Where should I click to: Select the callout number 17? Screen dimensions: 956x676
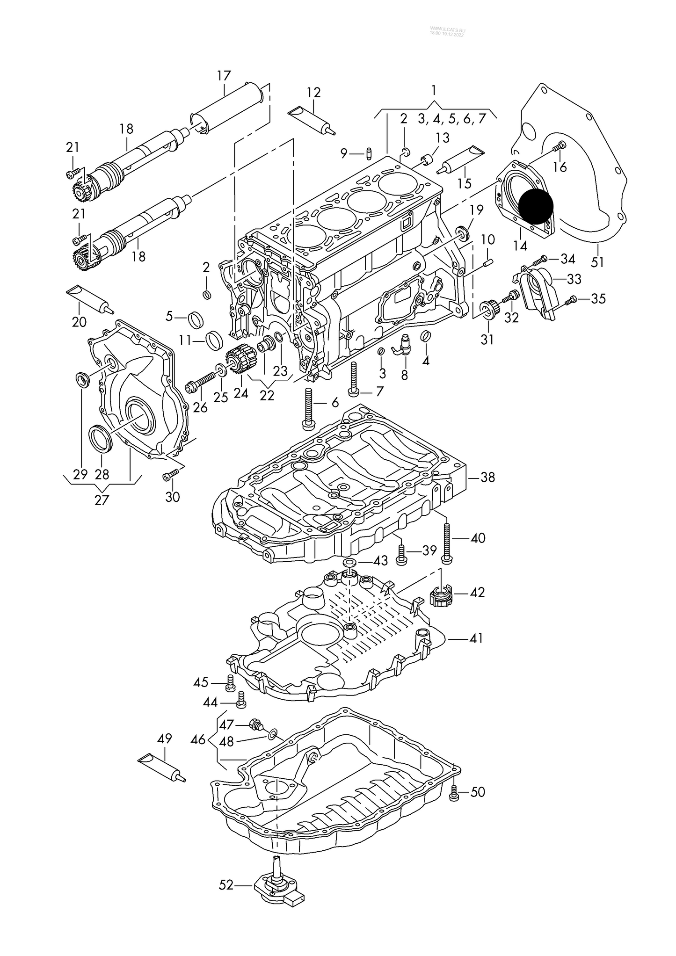click(x=224, y=76)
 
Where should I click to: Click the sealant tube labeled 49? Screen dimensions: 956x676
click(x=161, y=770)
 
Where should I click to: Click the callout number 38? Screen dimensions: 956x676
click(x=487, y=478)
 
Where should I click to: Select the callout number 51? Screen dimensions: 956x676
click(x=597, y=262)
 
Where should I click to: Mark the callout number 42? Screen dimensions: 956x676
click(x=477, y=592)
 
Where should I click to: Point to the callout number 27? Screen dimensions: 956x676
click(x=102, y=500)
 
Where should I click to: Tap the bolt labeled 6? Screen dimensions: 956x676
click(x=308, y=407)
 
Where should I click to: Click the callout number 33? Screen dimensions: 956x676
click(x=574, y=279)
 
